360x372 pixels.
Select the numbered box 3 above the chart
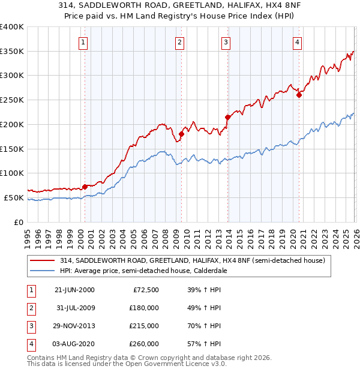coord(226,42)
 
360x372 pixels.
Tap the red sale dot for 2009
coord(181,134)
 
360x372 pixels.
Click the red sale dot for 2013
coord(227,117)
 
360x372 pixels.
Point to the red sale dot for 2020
coord(299,94)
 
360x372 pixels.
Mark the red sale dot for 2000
coord(85,186)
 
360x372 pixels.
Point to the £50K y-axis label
coord(14,197)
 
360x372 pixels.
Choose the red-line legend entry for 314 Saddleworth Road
coord(192,260)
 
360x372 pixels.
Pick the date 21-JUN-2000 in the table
coord(74,290)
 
